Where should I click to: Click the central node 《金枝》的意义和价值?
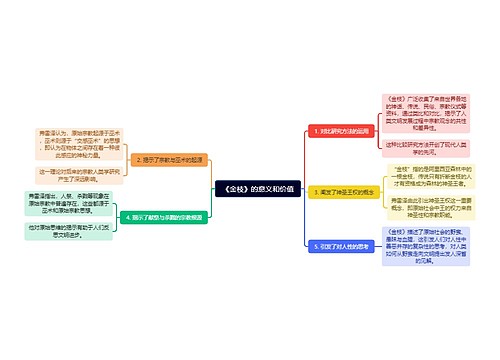click(x=250, y=189)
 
